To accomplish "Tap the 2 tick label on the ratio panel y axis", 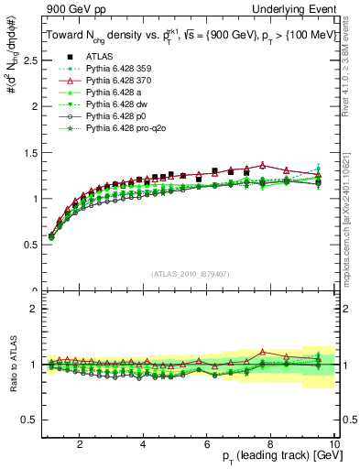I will click(x=34, y=309).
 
